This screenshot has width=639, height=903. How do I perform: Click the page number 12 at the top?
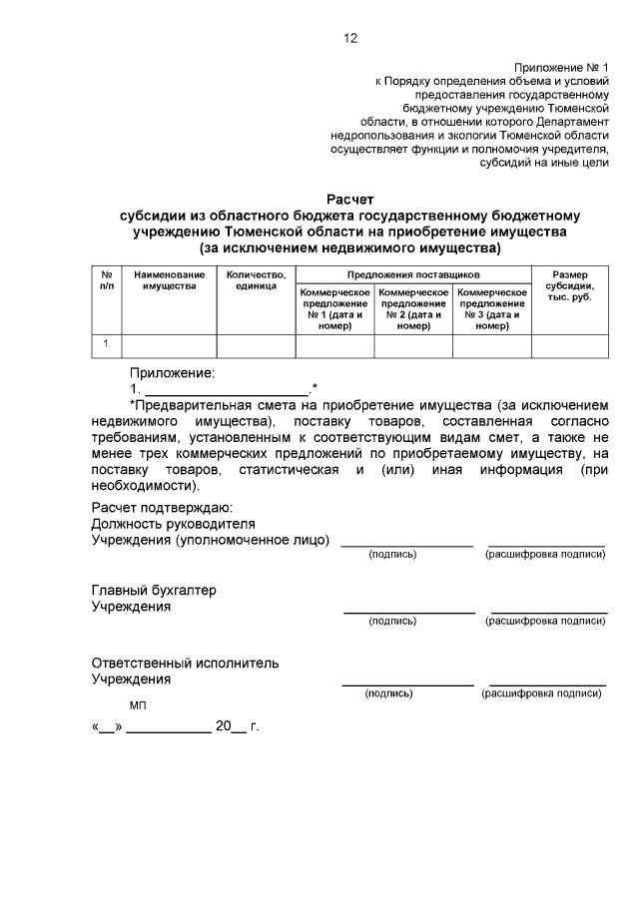click(349, 39)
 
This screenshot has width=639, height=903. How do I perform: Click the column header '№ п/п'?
click(106, 279)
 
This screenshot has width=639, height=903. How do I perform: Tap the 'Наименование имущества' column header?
click(169, 279)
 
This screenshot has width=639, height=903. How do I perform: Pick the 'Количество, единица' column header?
click(256, 279)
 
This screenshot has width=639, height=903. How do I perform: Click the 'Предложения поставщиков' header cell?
click(413, 272)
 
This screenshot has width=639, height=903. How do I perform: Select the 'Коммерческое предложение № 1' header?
click(334, 308)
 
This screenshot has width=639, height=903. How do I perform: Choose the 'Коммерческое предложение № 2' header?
click(413, 308)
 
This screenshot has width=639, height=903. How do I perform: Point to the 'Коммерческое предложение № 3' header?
click(491, 308)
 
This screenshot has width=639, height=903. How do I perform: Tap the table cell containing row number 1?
click(106, 345)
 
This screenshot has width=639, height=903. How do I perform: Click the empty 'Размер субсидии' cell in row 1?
click(569, 345)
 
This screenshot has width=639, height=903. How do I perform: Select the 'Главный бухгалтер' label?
click(154, 590)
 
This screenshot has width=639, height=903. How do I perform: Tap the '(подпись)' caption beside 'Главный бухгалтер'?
click(392, 621)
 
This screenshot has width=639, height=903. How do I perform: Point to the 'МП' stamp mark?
click(138, 705)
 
